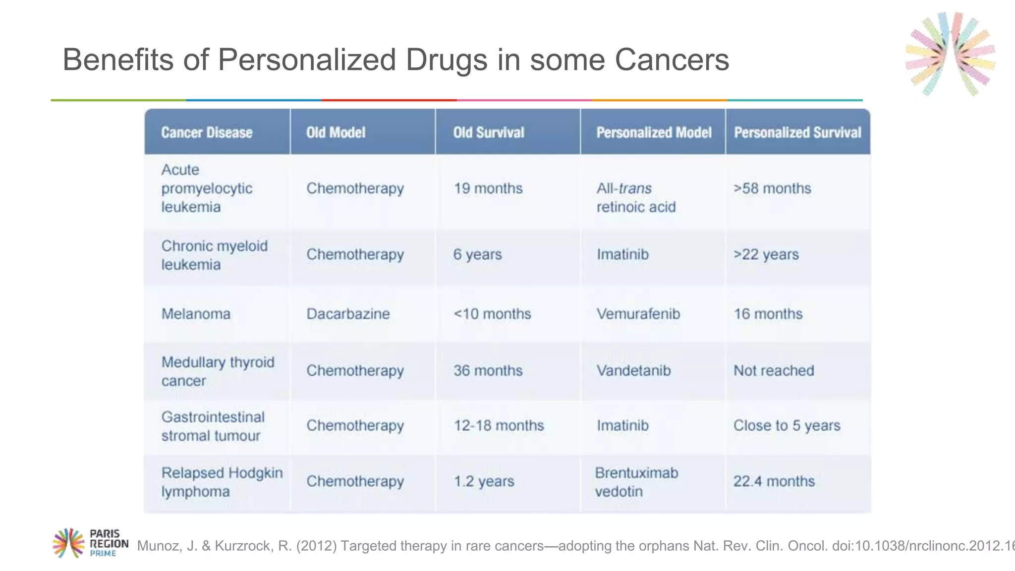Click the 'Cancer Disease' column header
pyautogui.click(x=207, y=132)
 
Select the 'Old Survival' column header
pyautogui.click(x=488, y=132)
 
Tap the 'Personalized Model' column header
pyautogui.click(x=653, y=132)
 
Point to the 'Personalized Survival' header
pyautogui.click(x=797, y=132)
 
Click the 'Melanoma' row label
pyautogui.click(x=196, y=314)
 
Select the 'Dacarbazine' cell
pyautogui.click(x=348, y=314)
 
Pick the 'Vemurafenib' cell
pyautogui.click(x=638, y=314)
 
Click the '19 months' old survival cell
pyautogui.click(x=488, y=188)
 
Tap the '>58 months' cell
pyautogui.click(x=772, y=188)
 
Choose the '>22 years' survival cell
pyautogui.click(x=766, y=254)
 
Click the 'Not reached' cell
pyautogui.click(x=774, y=370)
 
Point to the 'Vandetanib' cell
pyautogui.click(x=633, y=370)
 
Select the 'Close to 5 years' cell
pyautogui.click(x=787, y=425)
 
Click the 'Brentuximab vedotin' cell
pyautogui.click(x=636, y=482)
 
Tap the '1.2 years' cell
pyautogui.click(x=484, y=481)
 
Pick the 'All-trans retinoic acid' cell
pyautogui.click(x=635, y=197)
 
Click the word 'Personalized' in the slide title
pyautogui.click(x=307, y=60)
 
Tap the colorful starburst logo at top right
pyautogui.click(x=950, y=54)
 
